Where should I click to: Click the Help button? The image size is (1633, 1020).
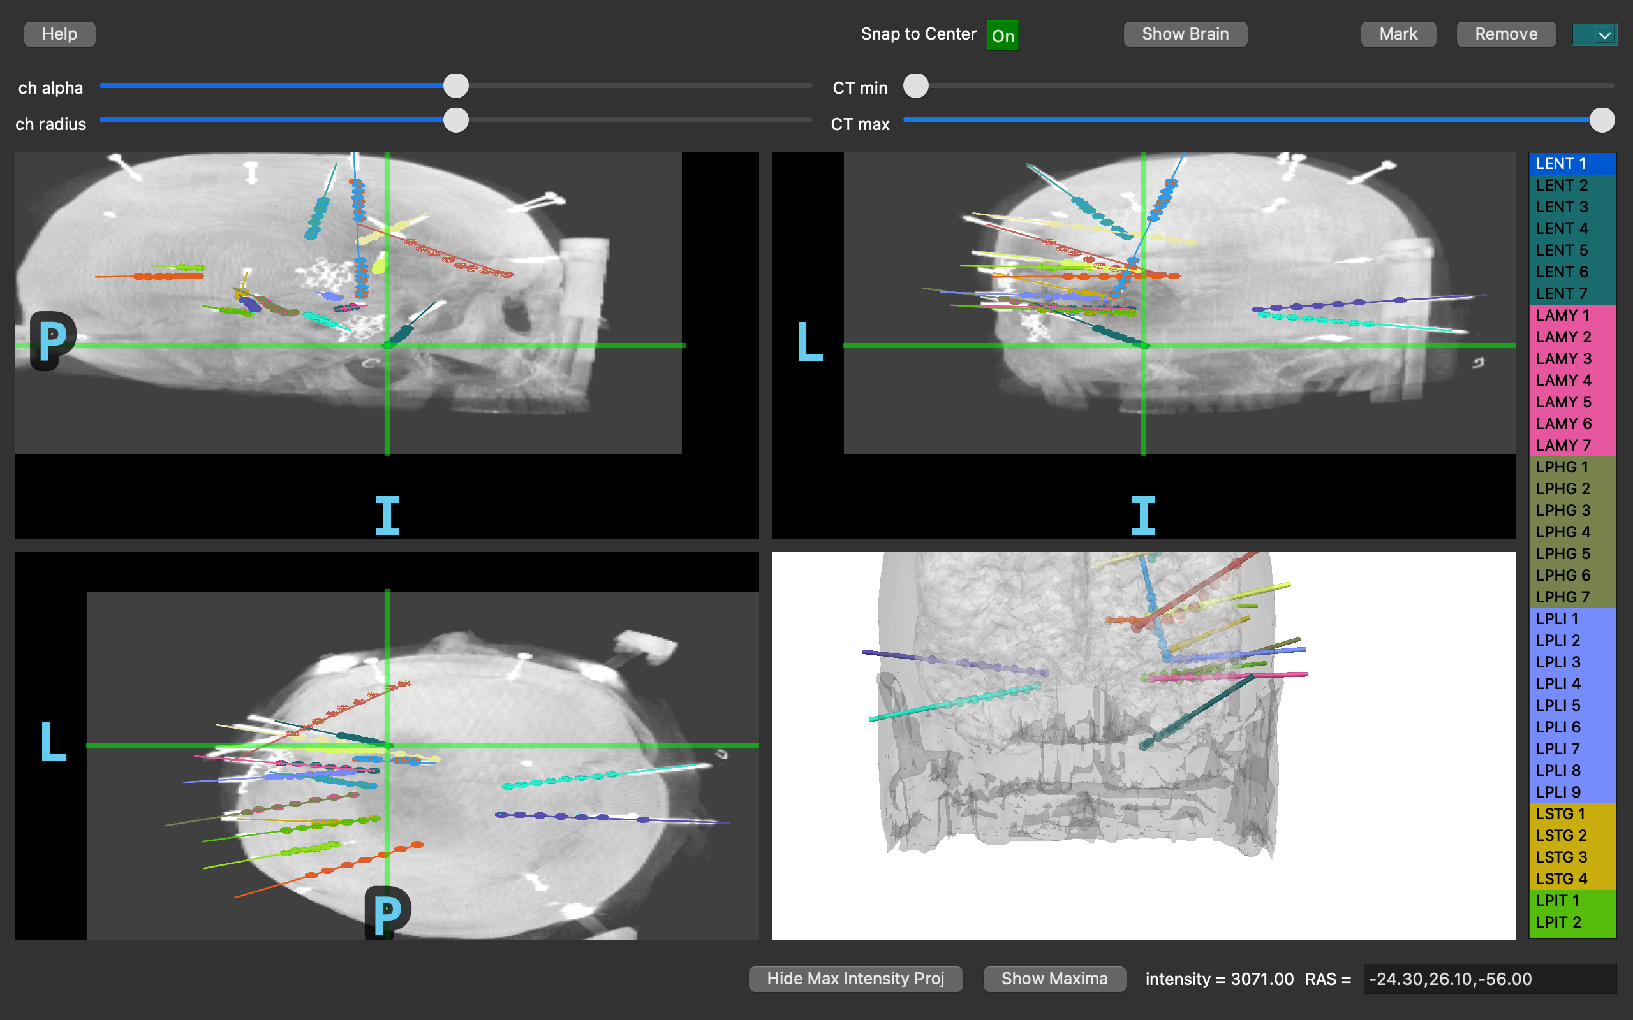point(59,34)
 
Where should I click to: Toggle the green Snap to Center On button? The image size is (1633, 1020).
point(1003,35)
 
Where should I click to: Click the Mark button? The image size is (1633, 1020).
point(1398,34)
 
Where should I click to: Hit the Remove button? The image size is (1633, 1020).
point(1506,34)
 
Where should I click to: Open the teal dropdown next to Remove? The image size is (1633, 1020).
point(1595,34)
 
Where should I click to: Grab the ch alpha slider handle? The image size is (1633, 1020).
point(456,85)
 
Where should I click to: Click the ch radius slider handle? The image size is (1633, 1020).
point(456,120)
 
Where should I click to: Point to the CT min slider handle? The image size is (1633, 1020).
point(916,85)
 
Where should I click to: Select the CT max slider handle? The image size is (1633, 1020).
point(1602,120)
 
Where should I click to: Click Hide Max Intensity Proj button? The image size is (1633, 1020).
point(855,979)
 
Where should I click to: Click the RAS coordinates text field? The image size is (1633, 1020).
point(1489,979)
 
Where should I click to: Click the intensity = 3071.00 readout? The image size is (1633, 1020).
point(1220,979)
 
